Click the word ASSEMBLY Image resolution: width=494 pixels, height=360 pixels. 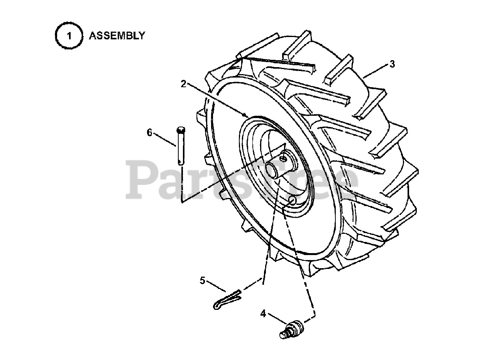click(117, 36)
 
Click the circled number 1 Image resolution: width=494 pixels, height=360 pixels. click(69, 36)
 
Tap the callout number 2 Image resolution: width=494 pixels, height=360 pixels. click(184, 84)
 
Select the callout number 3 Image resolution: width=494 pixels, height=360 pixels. click(392, 64)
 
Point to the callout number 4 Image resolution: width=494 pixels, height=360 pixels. click(263, 314)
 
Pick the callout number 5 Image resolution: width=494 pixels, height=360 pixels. click(203, 281)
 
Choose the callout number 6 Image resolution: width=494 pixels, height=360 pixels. click(150, 132)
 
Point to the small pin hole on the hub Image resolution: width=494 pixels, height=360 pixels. click(284, 157)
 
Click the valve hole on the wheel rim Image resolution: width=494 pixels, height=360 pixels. click(292, 200)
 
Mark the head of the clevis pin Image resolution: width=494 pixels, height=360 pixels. click(181, 130)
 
